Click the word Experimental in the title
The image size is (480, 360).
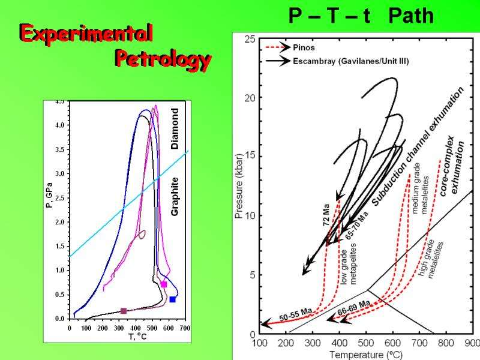(85, 33)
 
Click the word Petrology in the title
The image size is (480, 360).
(163, 59)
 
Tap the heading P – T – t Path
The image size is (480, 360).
(361, 16)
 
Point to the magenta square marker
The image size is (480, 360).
(164, 284)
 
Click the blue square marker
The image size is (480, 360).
(173, 299)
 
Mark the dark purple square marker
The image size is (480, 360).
(124, 311)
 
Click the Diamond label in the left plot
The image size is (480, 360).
(175, 128)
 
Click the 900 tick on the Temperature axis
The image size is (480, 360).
(472, 343)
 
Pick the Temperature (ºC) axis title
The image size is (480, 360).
(365, 354)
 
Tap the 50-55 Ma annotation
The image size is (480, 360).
(296, 314)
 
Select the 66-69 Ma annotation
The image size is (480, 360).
(353, 307)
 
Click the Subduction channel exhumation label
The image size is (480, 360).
(418, 146)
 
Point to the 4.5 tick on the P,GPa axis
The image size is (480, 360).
(61, 102)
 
